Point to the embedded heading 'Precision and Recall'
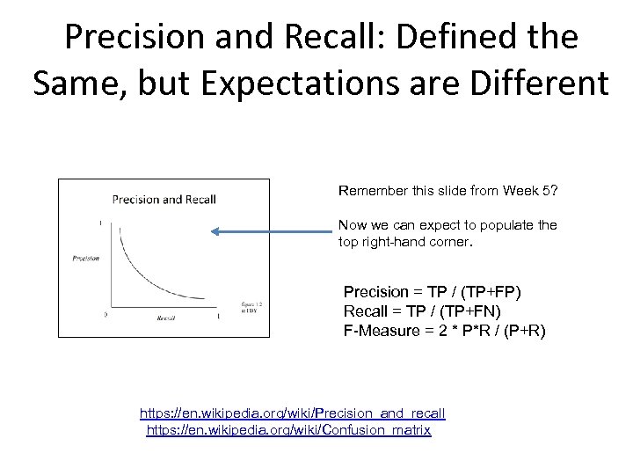[164, 199]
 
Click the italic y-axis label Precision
[85, 258]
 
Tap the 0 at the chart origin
[105, 313]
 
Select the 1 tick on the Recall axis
[217, 314]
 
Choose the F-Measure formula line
[444, 330]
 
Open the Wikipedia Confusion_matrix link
[288, 430]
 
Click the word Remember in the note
[369, 189]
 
